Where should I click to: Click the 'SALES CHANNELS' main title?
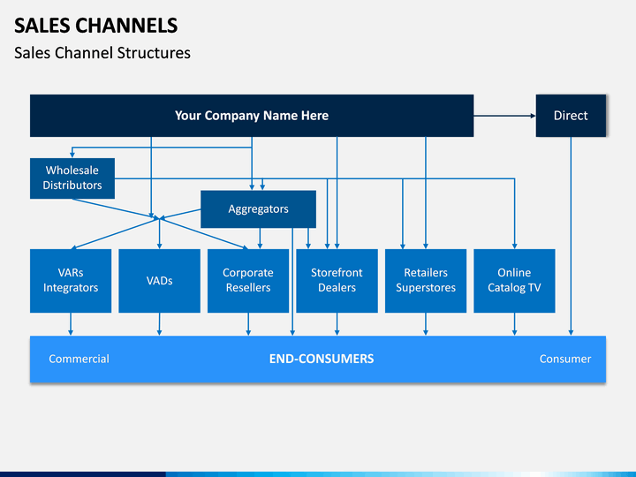[95, 26]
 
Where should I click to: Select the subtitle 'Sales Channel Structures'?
[102, 53]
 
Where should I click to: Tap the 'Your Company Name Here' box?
[252, 116]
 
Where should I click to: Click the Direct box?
[571, 116]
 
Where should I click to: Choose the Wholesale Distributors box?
[72, 178]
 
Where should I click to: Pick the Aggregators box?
[258, 208]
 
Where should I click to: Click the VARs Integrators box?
[71, 281]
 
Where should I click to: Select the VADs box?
[159, 281]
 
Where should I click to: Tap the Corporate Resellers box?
[248, 281]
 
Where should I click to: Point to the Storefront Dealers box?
[337, 281]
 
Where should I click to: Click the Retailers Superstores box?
[426, 281]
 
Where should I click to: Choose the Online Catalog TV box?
[514, 281]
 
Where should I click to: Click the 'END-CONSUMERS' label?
[322, 359]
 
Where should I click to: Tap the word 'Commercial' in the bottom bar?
[79, 359]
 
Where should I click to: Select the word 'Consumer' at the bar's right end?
[565, 359]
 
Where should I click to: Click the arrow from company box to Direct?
[504, 116]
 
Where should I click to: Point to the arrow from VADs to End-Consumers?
[159, 324]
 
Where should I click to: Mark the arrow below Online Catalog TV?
[514, 324]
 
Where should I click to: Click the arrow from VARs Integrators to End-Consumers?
[71, 324]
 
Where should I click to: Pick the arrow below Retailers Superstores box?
[426, 324]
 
